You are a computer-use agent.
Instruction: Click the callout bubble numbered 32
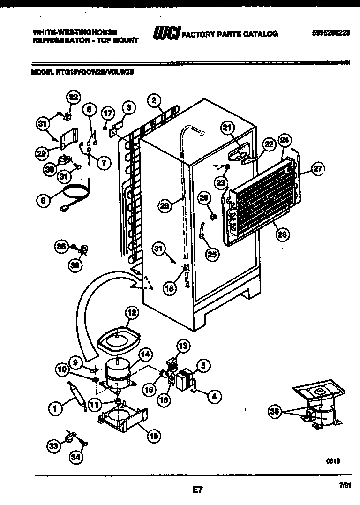pos(72,98)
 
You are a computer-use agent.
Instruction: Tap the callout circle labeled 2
pos(153,99)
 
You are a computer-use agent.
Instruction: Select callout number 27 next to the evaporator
pos(318,170)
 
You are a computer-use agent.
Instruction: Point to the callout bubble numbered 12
pos(132,312)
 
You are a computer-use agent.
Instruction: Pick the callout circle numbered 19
pos(153,436)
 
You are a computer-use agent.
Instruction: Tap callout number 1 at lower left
pos(55,409)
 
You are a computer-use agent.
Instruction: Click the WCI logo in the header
pos(166,33)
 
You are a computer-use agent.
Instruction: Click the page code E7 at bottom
pos(197,490)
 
